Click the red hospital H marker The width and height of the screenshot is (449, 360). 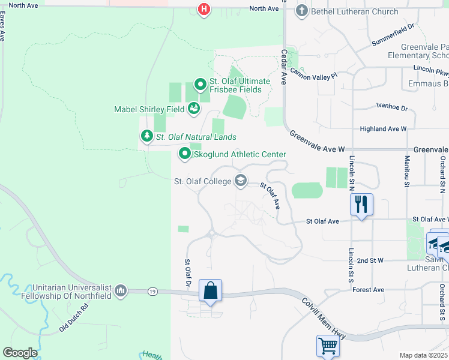click(205, 10)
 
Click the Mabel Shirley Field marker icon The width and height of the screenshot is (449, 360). click(194, 109)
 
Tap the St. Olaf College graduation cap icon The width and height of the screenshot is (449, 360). click(241, 181)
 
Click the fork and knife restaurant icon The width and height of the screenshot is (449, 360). click(361, 205)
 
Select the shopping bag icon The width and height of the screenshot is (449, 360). click(211, 291)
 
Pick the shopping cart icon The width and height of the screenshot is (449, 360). click(328, 346)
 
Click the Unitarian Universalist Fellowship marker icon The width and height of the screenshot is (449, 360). click(121, 291)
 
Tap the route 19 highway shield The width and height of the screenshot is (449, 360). click(153, 291)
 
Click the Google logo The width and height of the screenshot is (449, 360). click(20, 353)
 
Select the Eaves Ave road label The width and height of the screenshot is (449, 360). click(2, 28)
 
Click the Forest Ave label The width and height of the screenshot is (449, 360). click(369, 290)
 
